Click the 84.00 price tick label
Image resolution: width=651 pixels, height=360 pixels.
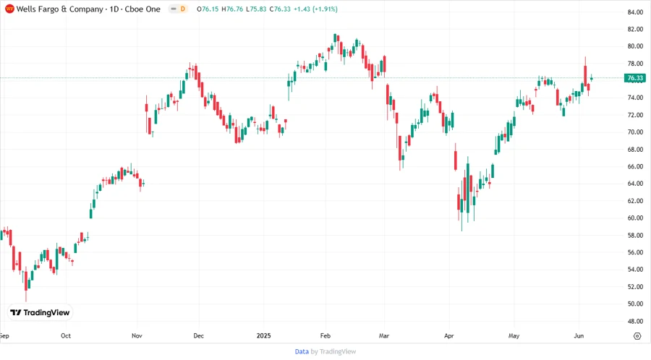[635, 12]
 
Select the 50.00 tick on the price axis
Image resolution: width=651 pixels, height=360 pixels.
[635, 304]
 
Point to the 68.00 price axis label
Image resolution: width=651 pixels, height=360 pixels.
[635, 150]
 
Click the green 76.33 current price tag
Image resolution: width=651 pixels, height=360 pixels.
[634, 78]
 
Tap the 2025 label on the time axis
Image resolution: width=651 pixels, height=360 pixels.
[263, 336]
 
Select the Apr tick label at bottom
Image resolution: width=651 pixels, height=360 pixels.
[448, 336]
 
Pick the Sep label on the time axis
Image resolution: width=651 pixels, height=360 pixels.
[4, 336]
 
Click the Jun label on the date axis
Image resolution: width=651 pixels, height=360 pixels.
[578, 336]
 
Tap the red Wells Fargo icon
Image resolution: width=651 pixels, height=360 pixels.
[9, 9]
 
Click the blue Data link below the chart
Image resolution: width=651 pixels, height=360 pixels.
[302, 351]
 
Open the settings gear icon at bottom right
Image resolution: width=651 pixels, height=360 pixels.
[637, 336]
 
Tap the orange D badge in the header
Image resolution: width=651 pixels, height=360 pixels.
[182, 9]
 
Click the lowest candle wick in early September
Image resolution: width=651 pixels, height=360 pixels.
[26, 297]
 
